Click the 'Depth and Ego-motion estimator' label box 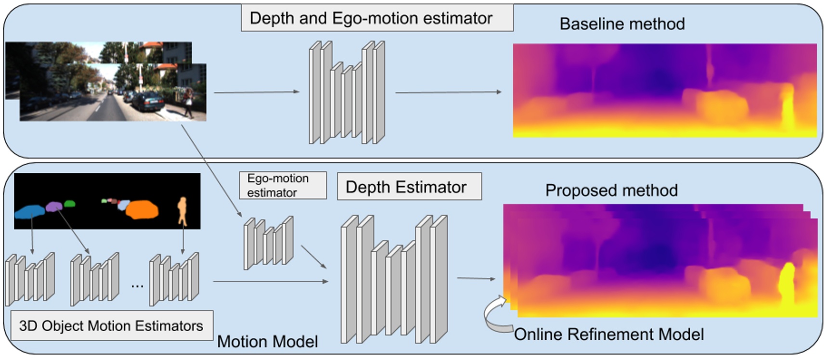(376, 18)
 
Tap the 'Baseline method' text (622, 24)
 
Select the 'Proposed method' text (611, 190)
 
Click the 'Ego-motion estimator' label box (283, 185)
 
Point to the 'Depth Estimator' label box (409, 187)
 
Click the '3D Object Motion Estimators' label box (111, 326)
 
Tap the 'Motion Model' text (267, 341)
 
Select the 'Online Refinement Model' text (609, 334)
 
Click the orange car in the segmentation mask (142, 209)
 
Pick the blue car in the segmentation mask (30, 211)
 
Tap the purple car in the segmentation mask (54, 206)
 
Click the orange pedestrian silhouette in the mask (182, 210)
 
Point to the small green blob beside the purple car (70, 204)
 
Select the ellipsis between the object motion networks (137, 285)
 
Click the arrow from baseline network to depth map (448, 92)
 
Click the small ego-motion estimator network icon (268, 242)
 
